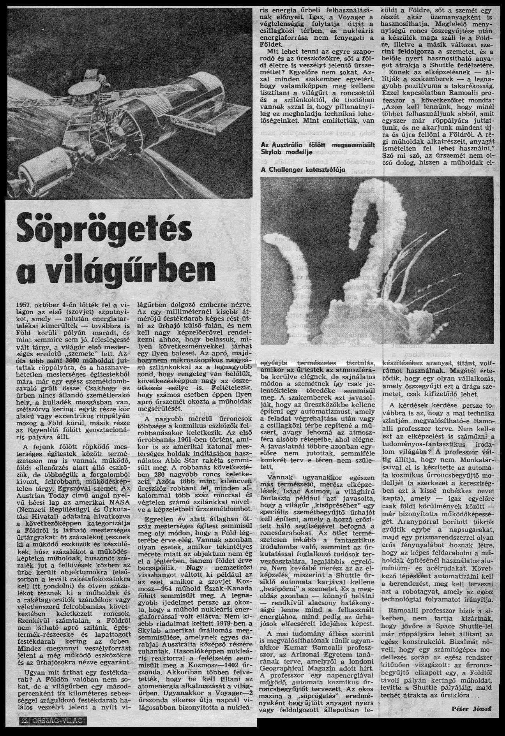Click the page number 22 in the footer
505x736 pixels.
[x=25, y=721]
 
